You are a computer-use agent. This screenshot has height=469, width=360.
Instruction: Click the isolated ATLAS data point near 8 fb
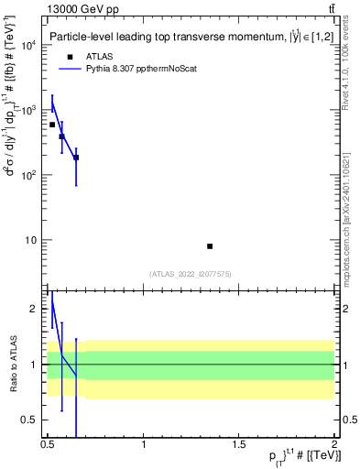tap(210, 245)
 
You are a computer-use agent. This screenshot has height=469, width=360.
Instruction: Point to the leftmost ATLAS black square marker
tap(52, 125)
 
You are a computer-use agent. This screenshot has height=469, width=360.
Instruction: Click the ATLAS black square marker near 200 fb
tap(76, 158)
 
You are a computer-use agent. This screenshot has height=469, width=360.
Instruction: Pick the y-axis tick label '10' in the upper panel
tap(30, 240)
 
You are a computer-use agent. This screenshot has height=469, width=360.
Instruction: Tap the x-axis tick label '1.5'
tap(239, 442)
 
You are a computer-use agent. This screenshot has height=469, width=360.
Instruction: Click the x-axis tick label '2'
tap(333, 442)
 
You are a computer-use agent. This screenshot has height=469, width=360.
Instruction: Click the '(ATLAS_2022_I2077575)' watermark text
tap(191, 273)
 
